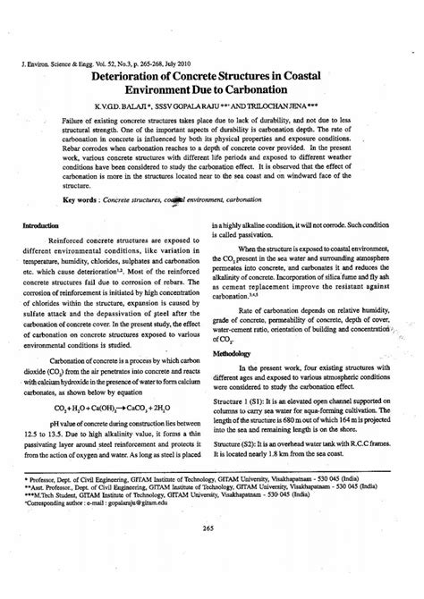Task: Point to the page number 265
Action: coord(211,552)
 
